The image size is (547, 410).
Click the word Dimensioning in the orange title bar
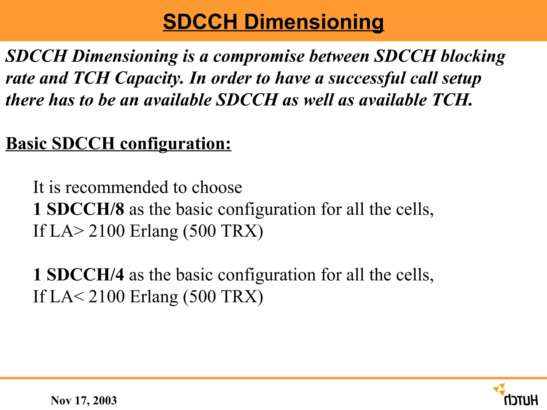click(314, 22)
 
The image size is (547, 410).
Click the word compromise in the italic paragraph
click(259, 57)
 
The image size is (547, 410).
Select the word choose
click(217, 187)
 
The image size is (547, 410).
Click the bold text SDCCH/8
click(85, 209)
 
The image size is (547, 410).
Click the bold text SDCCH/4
click(85, 275)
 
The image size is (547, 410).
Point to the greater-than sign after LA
click(79, 231)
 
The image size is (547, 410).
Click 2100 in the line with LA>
click(107, 231)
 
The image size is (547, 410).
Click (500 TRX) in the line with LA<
click(223, 297)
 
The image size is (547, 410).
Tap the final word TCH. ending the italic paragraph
click(452, 100)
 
